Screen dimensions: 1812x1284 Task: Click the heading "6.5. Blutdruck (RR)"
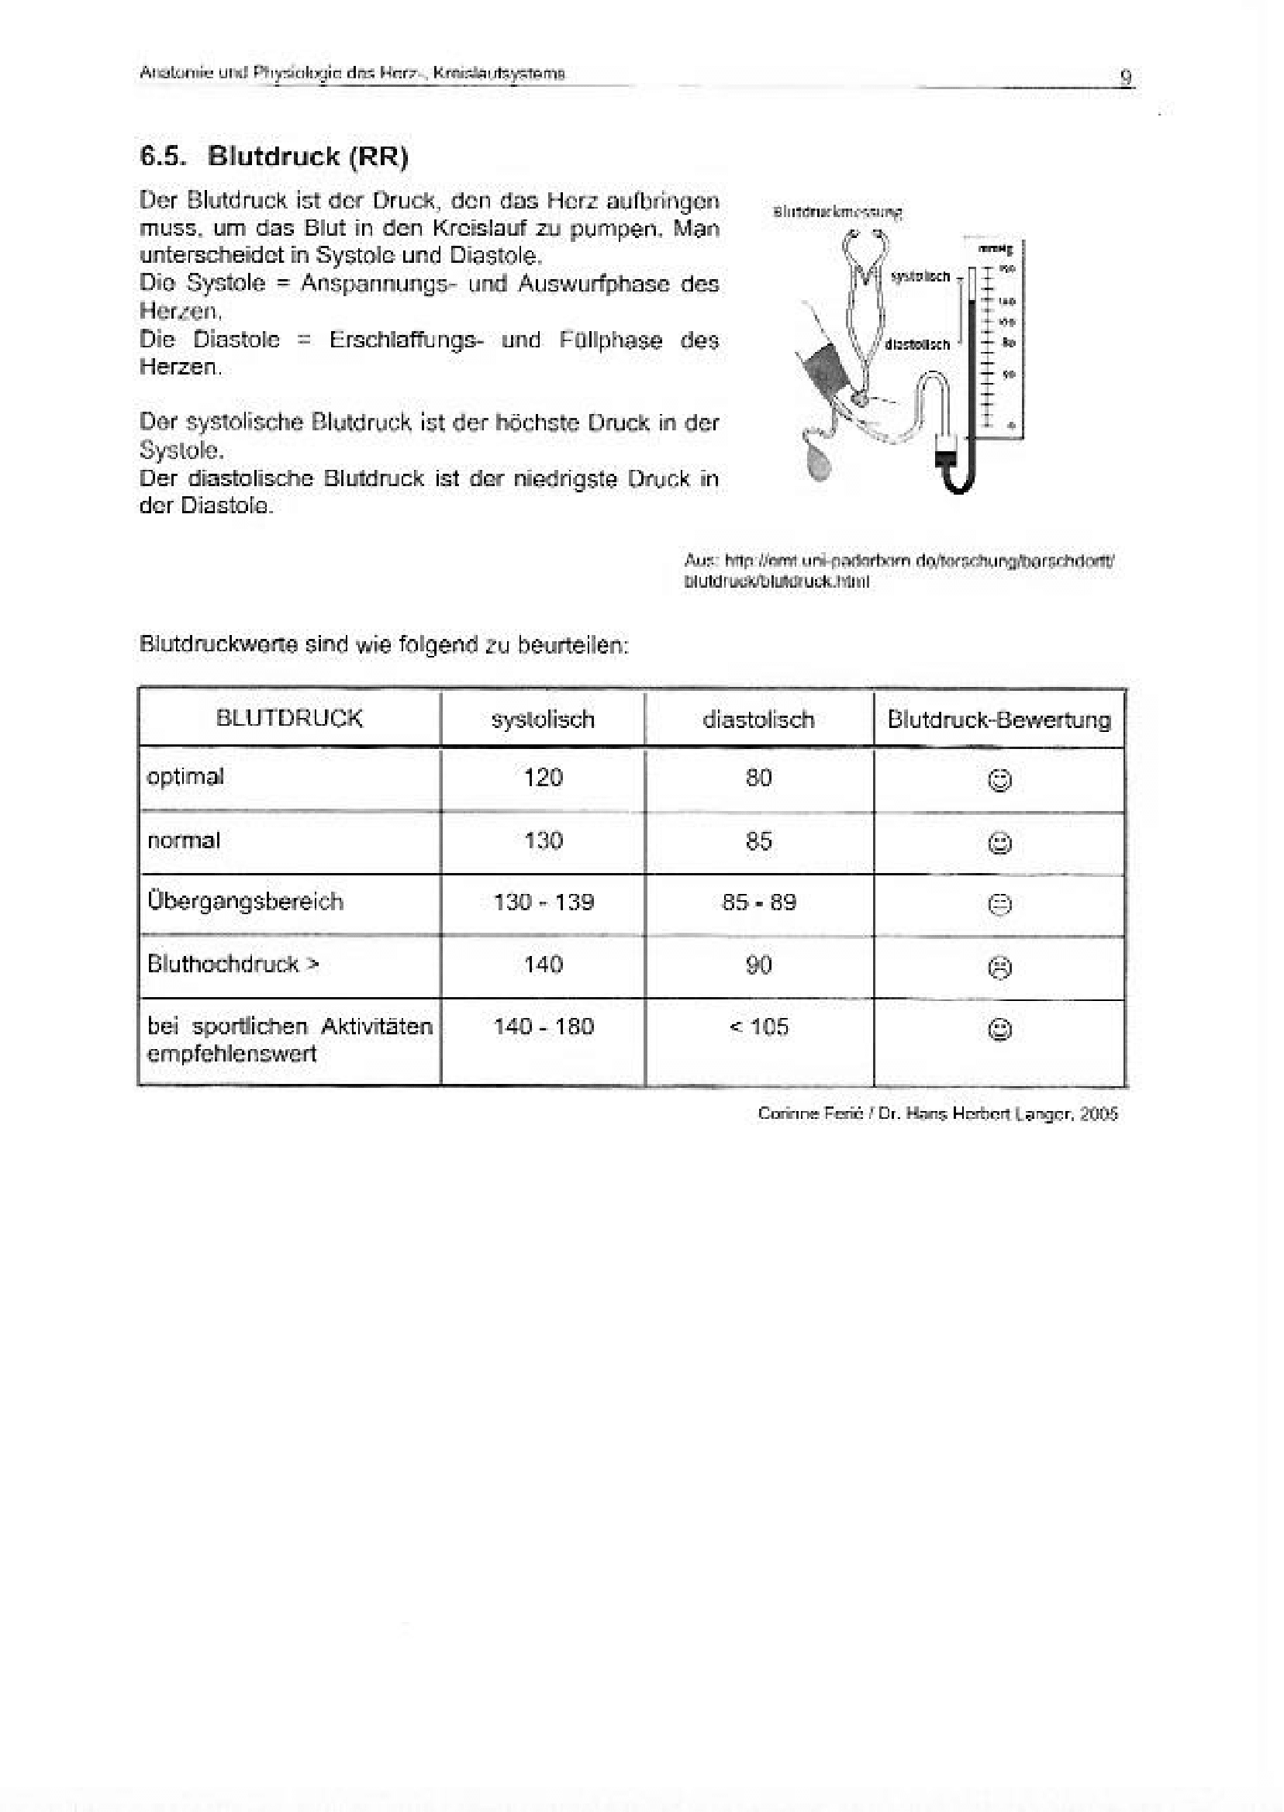(x=274, y=157)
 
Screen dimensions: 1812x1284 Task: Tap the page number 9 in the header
(x=1126, y=77)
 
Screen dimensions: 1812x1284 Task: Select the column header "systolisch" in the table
(x=543, y=720)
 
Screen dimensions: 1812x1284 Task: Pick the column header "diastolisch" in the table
(x=758, y=720)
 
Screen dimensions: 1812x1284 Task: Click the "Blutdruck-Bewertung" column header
(x=999, y=720)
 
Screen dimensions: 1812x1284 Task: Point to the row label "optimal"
(x=186, y=777)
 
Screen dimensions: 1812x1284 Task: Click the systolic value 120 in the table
(x=544, y=778)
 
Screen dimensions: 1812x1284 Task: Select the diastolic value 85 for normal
(x=758, y=840)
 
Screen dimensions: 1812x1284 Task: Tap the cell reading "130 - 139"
(x=544, y=902)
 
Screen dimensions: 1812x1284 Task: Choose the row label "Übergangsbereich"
(x=245, y=901)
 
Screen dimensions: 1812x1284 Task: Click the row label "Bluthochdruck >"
(x=233, y=965)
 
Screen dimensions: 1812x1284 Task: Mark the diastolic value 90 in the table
(x=758, y=965)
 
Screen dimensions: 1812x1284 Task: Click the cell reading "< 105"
(x=758, y=1027)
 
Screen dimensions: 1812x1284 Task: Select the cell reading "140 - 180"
(x=544, y=1027)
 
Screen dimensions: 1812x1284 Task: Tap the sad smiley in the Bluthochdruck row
(x=1000, y=968)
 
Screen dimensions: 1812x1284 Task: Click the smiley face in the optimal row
(x=1000, y=781)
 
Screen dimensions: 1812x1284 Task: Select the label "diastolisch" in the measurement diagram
(x=917, y=345)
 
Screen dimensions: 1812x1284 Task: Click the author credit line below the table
(x=937, y=1114)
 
